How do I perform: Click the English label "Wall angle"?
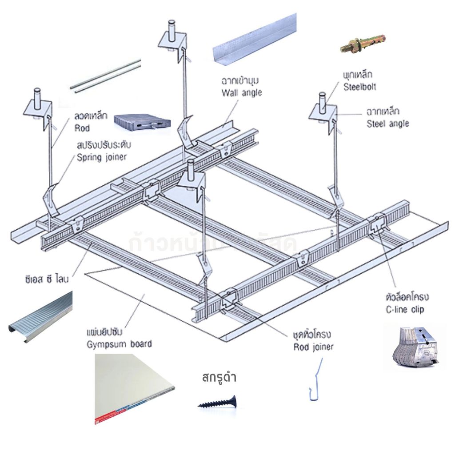[x=242, y=93]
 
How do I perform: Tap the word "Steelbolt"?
[x=359, y=88]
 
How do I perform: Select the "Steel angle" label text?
[x=387, y=124]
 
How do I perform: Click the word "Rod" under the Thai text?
[x=82, y=128]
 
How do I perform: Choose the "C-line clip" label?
[x=405, y=309]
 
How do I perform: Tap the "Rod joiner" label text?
[x=313, y=347]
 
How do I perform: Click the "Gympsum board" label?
[x=119, y=343]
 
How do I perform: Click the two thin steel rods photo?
[x=106, y=76]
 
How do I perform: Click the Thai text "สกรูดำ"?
[x=219, y=379]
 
